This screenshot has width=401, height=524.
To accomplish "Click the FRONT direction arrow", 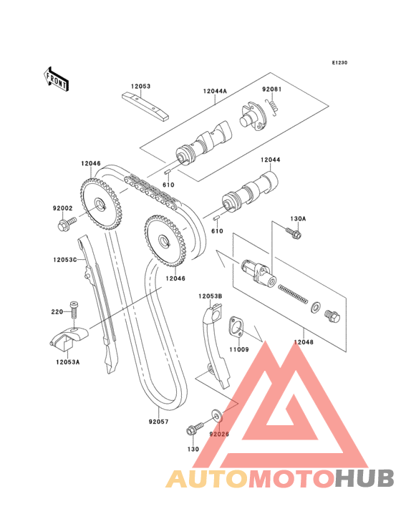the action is [56, 79].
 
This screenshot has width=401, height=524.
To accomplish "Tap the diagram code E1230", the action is [339, 62].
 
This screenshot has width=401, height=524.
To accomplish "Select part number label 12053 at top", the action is [140, 86].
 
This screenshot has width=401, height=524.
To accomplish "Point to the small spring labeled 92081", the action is [272, 106].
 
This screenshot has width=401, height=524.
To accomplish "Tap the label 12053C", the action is [65, 259].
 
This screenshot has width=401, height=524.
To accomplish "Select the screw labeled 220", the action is [74, 311].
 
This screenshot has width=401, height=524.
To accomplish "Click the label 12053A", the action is [68, 362].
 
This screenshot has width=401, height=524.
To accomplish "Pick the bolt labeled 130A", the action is [294, 232].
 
